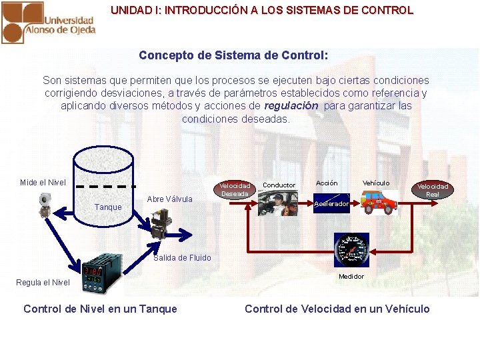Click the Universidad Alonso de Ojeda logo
click(x=48, y=21)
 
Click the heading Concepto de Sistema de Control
click(x=233, y=55)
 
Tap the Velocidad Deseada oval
click(x=235, y=189)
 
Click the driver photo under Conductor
click(x=278, y=203)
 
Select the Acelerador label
click(x=331, y=204)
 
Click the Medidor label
click(x=351, y=277)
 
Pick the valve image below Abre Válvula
click(x=160, y=225)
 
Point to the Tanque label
click(x=108, y=207)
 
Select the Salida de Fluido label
click(x=182, y=258)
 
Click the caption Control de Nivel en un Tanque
click(x=100, y=309)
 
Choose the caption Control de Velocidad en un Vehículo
click(x=337, y=309)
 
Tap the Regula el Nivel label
click(x=43, y=283)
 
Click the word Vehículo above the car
click(x=376, y=183)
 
